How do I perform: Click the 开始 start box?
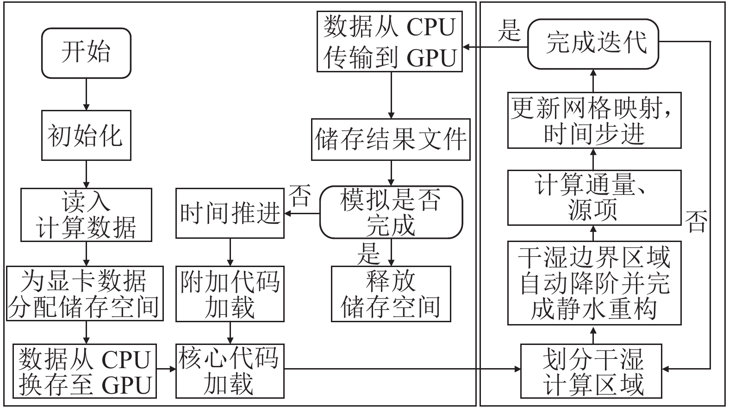pyautogui.click(x=86, y=53)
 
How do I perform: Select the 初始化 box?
pyautogui.click(x=86, y=135)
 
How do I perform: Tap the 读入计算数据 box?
pyautogui.click(x=86, y=215)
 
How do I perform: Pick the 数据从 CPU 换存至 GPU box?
pyautogui.click(x=85, y=371)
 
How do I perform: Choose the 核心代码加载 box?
pyautogui.click(x=230, y=371)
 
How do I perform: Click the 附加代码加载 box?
pyautogui.click(x=230, y=293)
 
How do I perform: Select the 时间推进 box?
pyautogui.click(x=230, y=213)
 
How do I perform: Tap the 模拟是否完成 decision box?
pyautogui.click(x=391, y=212)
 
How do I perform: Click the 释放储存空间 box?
pyautogui.click(x=391, y=293)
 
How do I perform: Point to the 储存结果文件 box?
pyautogui.click(x=391, y=140)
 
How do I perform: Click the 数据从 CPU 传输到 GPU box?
pyautogui.click(x=390, y=42)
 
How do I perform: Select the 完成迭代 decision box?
pyautogui.click(x=593, y=43)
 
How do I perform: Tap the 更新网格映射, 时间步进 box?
pyautogui.click(x=594, y=121)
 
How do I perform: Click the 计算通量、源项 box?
pyautogui.click(x=594, y=198)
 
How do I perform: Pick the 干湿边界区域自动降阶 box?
pyautogui.click(x=594, y=283)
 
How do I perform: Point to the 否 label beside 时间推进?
pyautogui.click(x=300, y=196)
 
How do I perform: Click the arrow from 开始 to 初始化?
pyautogui.click(x=86, y=94)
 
